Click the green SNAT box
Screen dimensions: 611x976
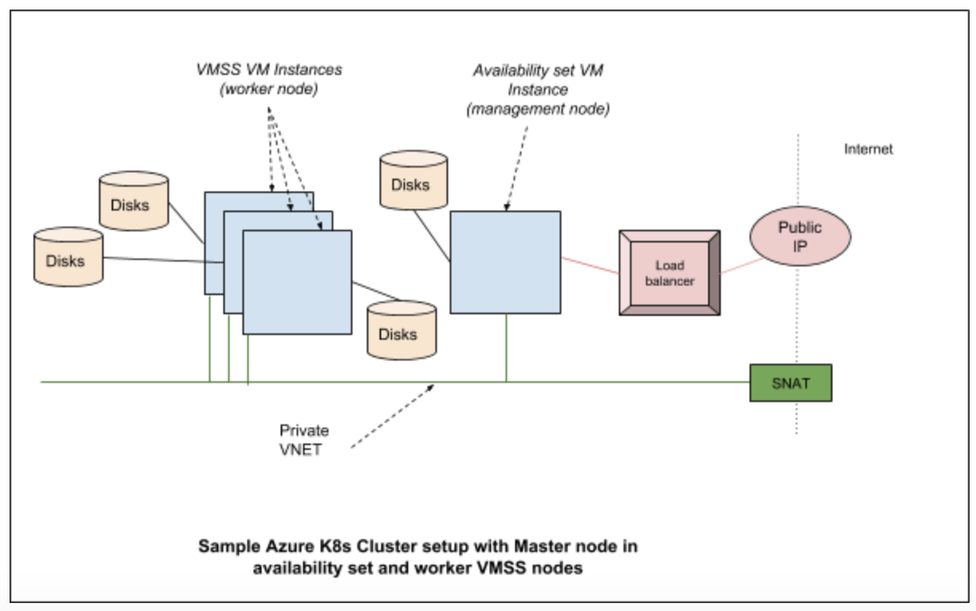pos(790,383)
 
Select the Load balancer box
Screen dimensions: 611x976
pos(670,272)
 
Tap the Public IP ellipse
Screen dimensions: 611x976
pos(800,236)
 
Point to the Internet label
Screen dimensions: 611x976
pos(868,149)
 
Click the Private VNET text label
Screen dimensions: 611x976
pos(304,439)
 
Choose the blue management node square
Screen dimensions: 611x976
pos(505,262)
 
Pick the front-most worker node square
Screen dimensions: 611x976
pos(297,282)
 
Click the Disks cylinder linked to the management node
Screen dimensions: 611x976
pos(413,182)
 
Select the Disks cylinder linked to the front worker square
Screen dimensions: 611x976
pos(402,329)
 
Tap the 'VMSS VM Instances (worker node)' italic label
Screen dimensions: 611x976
pos(270,80)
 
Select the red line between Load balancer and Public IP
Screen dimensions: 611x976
pos(736,266)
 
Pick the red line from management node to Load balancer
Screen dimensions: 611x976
pos(590,266)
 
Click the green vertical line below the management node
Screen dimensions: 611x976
pos(506,348)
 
